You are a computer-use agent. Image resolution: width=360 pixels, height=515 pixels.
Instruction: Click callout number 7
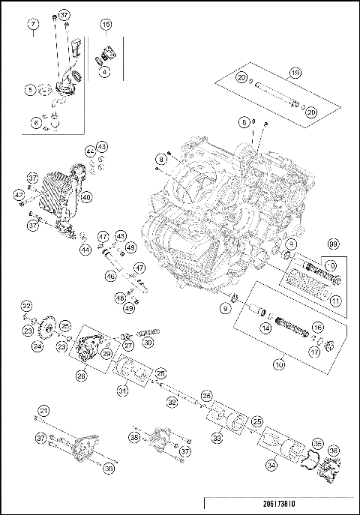click(x=33, y=25)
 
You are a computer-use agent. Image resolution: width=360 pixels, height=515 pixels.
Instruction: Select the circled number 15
click(x=106, y=25)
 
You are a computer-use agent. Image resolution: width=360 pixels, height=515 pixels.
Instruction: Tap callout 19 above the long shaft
click(x=295, y=73)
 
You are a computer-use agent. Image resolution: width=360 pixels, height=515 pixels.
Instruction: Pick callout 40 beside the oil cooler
click(x=87, y=197)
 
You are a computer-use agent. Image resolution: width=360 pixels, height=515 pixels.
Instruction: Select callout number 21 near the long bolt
click(x=43, y=410)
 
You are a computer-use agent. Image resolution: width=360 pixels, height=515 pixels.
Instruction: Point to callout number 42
click(x=18, y=194)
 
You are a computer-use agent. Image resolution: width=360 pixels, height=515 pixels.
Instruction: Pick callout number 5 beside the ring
click(x=30, y=91)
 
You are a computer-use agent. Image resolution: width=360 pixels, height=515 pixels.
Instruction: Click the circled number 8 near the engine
click(x=160, y=159)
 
